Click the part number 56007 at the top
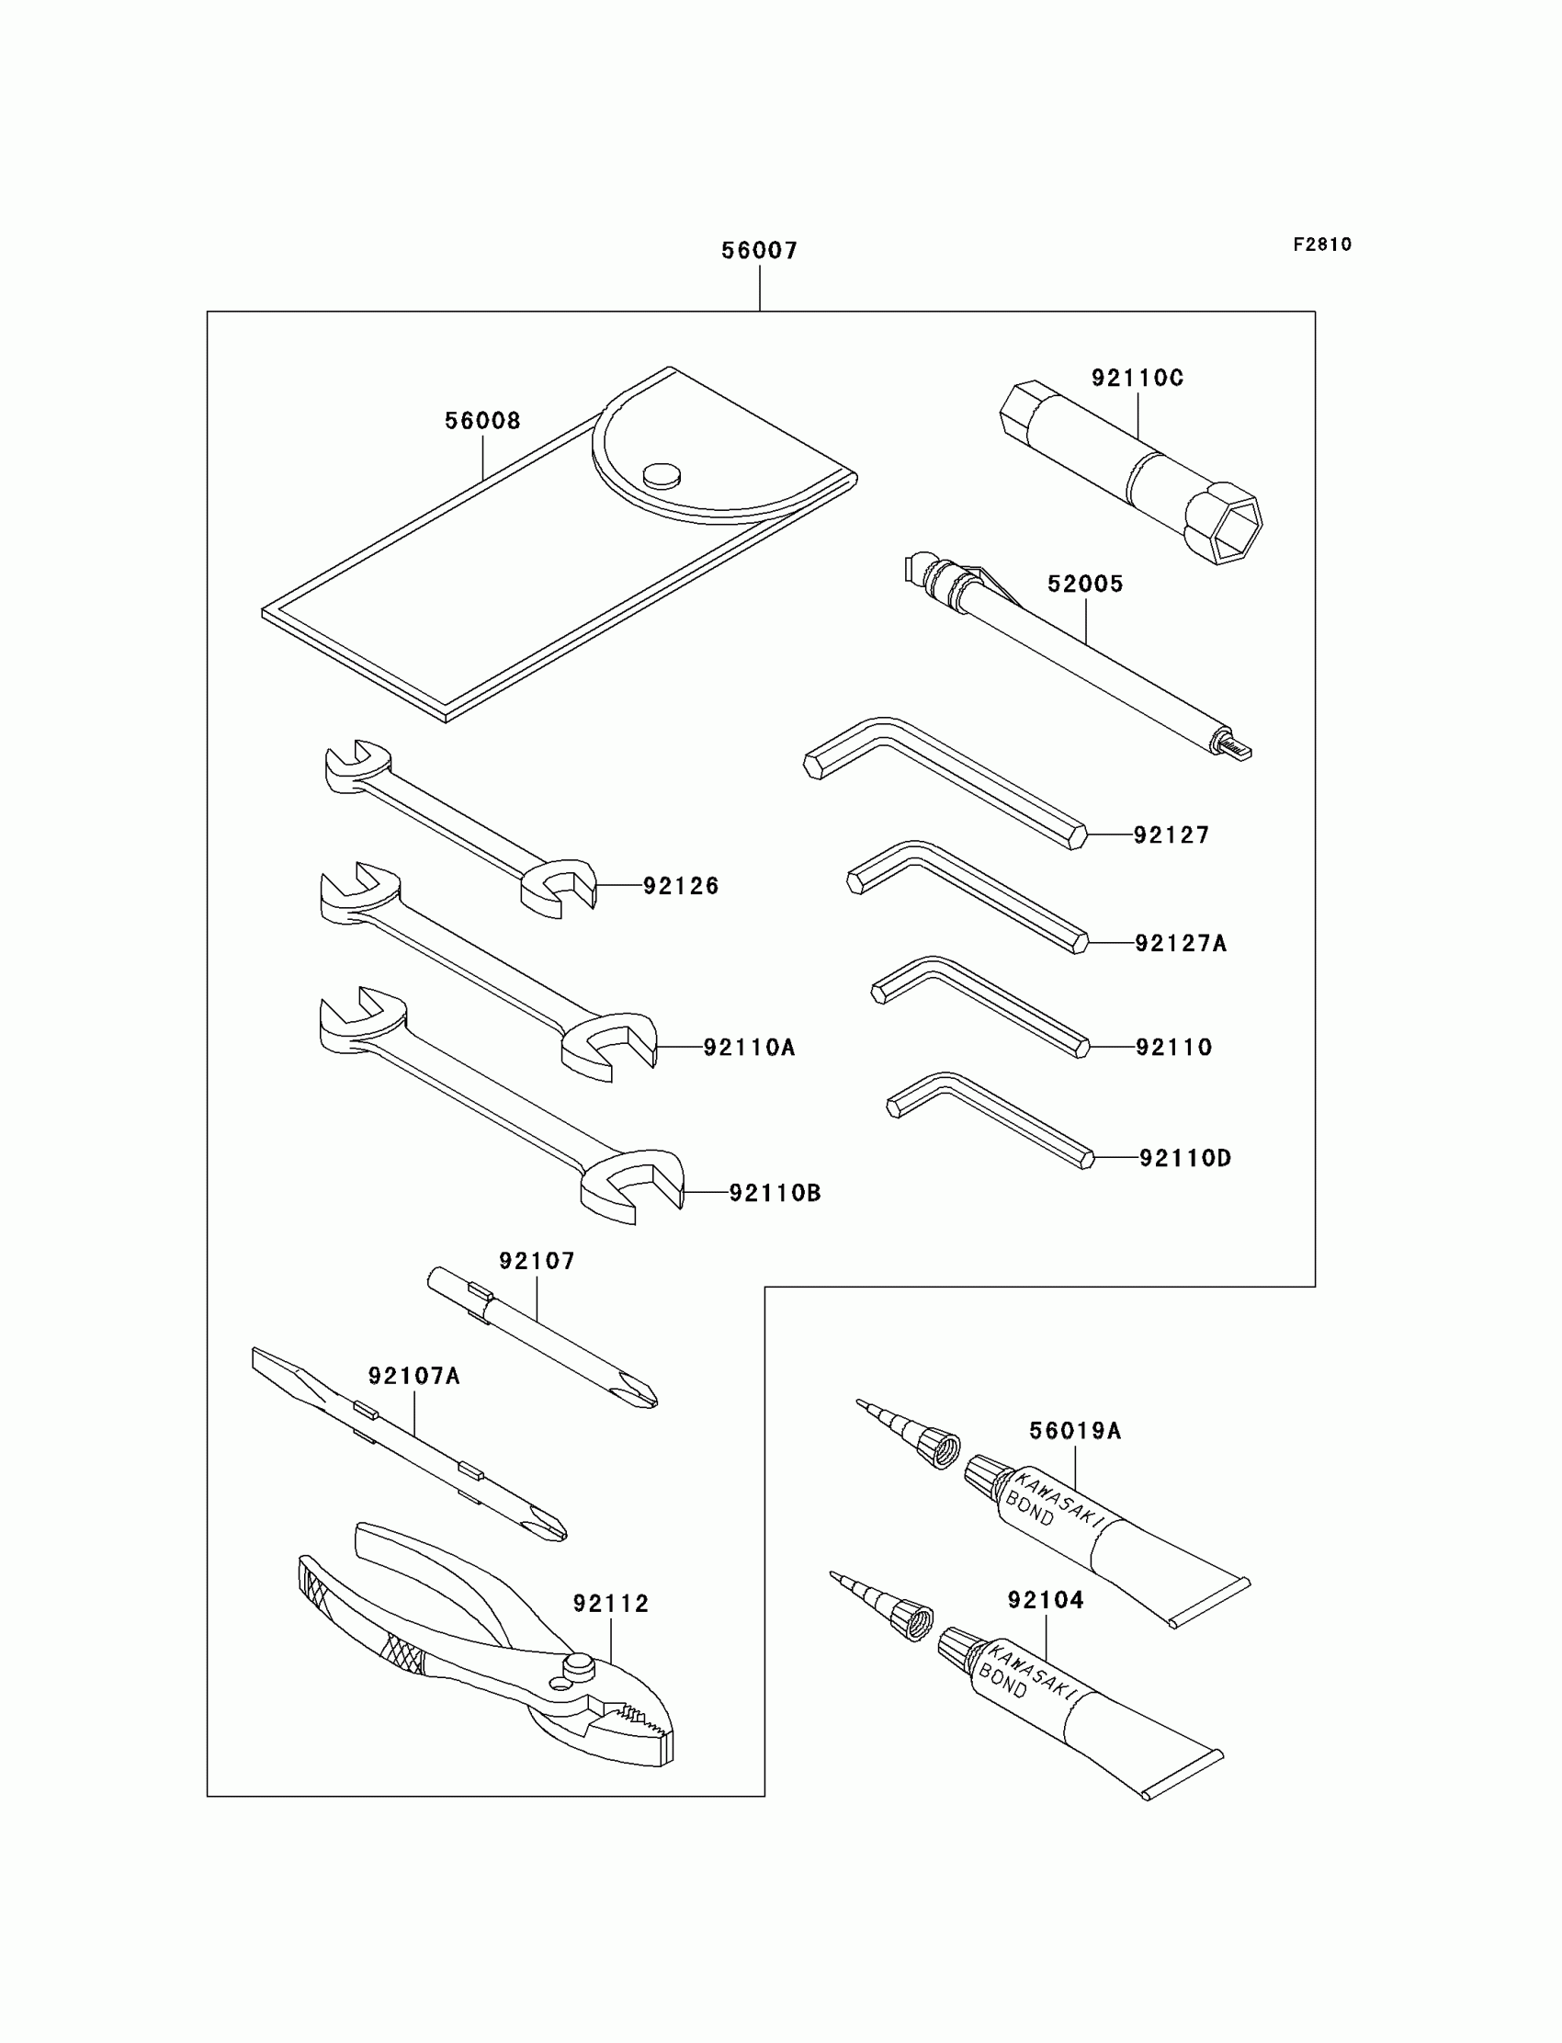[x=759, y=250]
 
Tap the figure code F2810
[x=1321, y=244]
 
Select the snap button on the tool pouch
[x=661, y=475]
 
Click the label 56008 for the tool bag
[x=481, y=421]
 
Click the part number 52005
[x=1085, y=584]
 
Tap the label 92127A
[x=1181, y=944]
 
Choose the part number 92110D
[x=1184, y=1158]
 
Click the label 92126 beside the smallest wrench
[x=681, y=886]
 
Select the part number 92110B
[x=775, y=1193]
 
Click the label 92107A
[x=413, y=1376]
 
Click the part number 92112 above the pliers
[x=610, y=1603]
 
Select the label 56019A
[x=1075, y=1431]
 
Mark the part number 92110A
[x=749, y=1048]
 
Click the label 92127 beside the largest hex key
[x=1171, y=835]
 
